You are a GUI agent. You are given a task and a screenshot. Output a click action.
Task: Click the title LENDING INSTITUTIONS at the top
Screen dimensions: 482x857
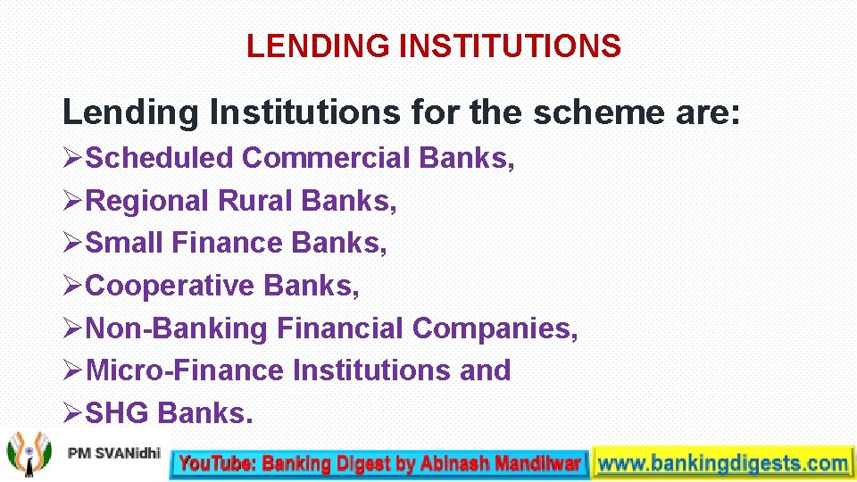433,46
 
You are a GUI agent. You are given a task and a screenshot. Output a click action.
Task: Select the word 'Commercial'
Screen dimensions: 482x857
325,158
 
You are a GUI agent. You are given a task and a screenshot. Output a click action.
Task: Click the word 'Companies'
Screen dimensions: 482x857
495,328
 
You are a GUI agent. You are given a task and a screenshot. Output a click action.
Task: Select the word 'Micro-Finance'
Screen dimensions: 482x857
187,370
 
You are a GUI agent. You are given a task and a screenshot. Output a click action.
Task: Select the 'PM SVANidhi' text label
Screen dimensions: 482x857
113,454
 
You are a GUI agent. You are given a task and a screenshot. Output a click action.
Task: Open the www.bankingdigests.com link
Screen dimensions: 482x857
721,463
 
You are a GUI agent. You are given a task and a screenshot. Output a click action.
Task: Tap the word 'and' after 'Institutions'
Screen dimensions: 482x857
485,370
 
